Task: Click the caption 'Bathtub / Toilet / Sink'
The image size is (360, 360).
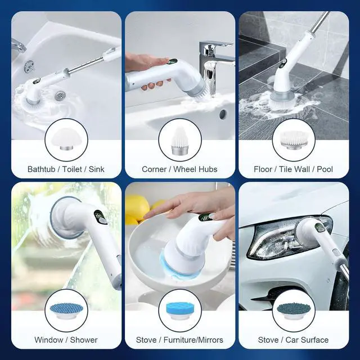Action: pos(66,169)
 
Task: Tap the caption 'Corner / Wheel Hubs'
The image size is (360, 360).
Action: pos(179,169)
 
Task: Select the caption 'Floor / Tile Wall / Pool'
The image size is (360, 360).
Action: pos(293,169)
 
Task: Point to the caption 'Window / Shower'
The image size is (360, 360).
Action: pos(66,340)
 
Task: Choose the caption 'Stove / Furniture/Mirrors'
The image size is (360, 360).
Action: pos(179,340)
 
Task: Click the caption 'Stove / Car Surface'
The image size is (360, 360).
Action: pos(293,340)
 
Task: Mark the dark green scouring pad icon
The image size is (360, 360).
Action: pos(293,310)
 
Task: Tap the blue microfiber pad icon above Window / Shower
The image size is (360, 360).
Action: pos(66,310)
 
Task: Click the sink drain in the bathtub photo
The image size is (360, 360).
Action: pos(58,96)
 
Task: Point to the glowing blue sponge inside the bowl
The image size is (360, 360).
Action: pos(169,260)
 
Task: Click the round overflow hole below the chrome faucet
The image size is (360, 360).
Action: pos(223,114)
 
